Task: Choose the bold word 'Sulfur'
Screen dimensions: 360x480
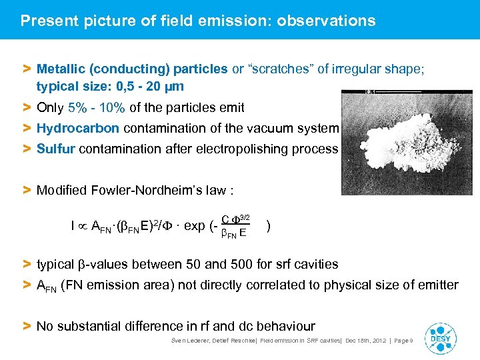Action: click(x=56, y=149)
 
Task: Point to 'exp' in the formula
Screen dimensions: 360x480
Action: click(x=194, y=225)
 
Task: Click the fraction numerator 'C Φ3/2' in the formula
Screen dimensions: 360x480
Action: click(x=235, y=219)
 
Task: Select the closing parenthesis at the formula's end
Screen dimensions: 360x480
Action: click(x=268, y=225)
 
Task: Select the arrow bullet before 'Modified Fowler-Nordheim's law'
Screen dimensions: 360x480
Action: click(x=27, y=191)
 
